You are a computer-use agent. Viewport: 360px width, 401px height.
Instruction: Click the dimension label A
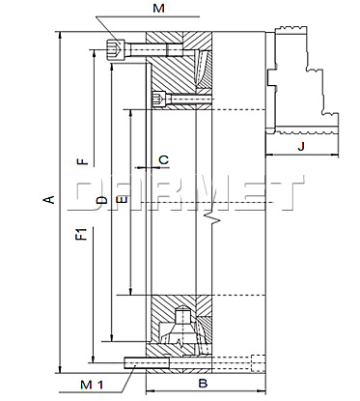pyautogui.click(x=49, y=199)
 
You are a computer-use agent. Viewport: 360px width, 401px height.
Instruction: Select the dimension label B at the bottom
pyautogui.click(x=203, y=384)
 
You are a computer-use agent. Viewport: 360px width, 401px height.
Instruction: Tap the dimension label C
pyautogui.click(x=164, y=159)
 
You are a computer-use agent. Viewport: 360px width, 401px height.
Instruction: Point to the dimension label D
pyautogui.click(x=101, y=200)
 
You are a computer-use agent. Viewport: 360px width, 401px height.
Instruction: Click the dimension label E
pyautogui.click(x=123, y=200)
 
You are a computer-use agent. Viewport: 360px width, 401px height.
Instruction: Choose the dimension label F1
pyautogui.click(x=83, y=234)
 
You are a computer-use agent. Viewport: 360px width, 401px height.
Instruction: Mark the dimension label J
pyautogui.click(x=301, y=147)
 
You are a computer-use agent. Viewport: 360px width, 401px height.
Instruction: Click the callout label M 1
pyautogui.click(x=92, y=385)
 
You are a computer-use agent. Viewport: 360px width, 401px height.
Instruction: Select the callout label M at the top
pyautogui.click(x=158, y=8)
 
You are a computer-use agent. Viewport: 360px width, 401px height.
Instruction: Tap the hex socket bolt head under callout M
pyautogui.click(x=115, y=49)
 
